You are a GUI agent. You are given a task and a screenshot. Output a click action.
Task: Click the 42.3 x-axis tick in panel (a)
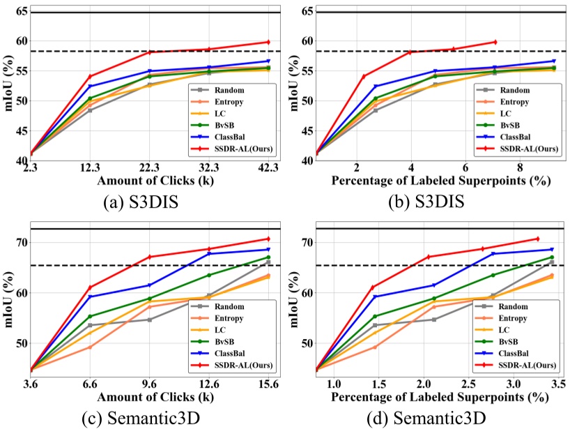(268, 168)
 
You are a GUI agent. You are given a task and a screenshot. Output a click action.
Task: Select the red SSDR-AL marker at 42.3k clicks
(268, 42)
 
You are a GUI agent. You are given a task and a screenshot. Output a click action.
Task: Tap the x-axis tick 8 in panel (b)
(520, 168)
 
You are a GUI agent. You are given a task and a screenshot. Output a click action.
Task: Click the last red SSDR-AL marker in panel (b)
(495, 42)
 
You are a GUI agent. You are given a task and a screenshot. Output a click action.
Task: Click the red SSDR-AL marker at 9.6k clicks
(149, 257)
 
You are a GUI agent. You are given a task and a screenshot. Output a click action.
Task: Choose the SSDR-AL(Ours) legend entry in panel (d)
(530, 364)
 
